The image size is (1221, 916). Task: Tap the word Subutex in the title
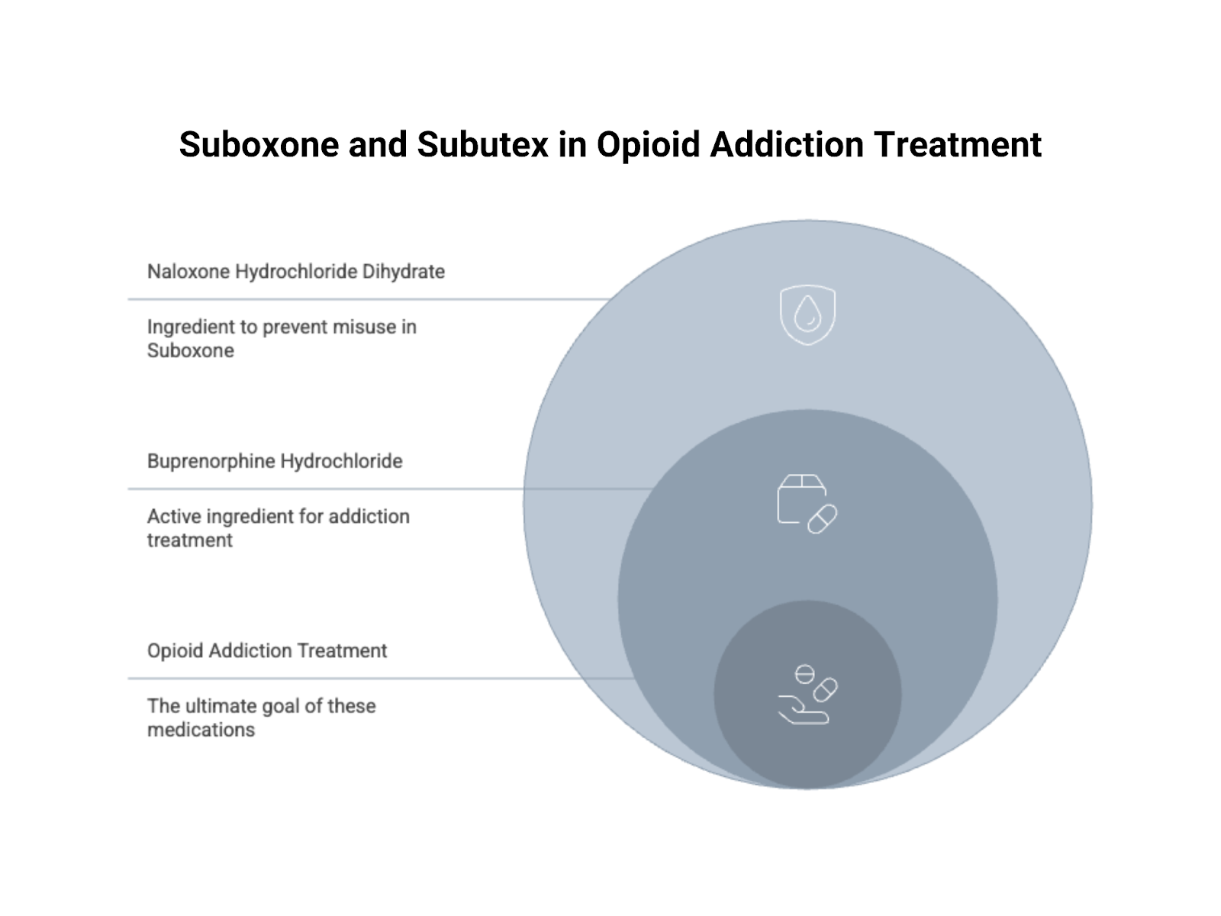pos(482,145)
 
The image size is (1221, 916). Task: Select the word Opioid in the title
pos(648,145)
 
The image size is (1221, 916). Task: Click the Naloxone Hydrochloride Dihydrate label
pos(295,272)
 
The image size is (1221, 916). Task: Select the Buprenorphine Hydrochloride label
pos(275,461)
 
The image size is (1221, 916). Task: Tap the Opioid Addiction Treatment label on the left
pos(267,650)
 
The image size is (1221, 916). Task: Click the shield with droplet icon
pos(807,314)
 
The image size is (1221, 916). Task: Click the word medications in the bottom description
pos(201,730)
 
